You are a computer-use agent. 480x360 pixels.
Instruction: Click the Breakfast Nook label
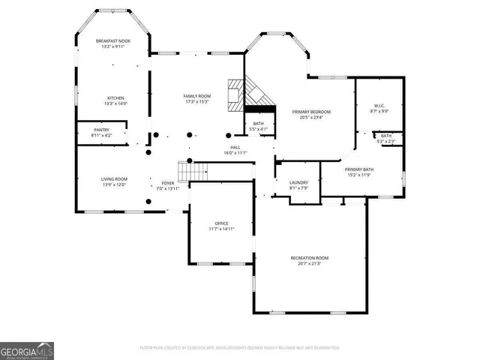(x=114, y=40)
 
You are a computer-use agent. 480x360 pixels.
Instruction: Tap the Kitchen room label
(x=115, y=98)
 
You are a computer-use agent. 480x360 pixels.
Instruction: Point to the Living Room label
(x=115, y=178)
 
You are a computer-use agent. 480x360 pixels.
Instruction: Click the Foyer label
(x=168, y=183)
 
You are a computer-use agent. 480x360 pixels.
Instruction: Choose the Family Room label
(x=198, y=96)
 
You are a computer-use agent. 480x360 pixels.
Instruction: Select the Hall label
(x=235, y=148)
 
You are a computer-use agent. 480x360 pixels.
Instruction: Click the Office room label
(x=221, y=223)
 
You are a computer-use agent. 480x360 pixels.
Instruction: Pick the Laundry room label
(x=289, y=182)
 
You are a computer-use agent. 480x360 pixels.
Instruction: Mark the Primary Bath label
(x=359, y=170)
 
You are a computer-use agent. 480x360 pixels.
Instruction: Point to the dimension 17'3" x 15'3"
(x=198, y=101)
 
